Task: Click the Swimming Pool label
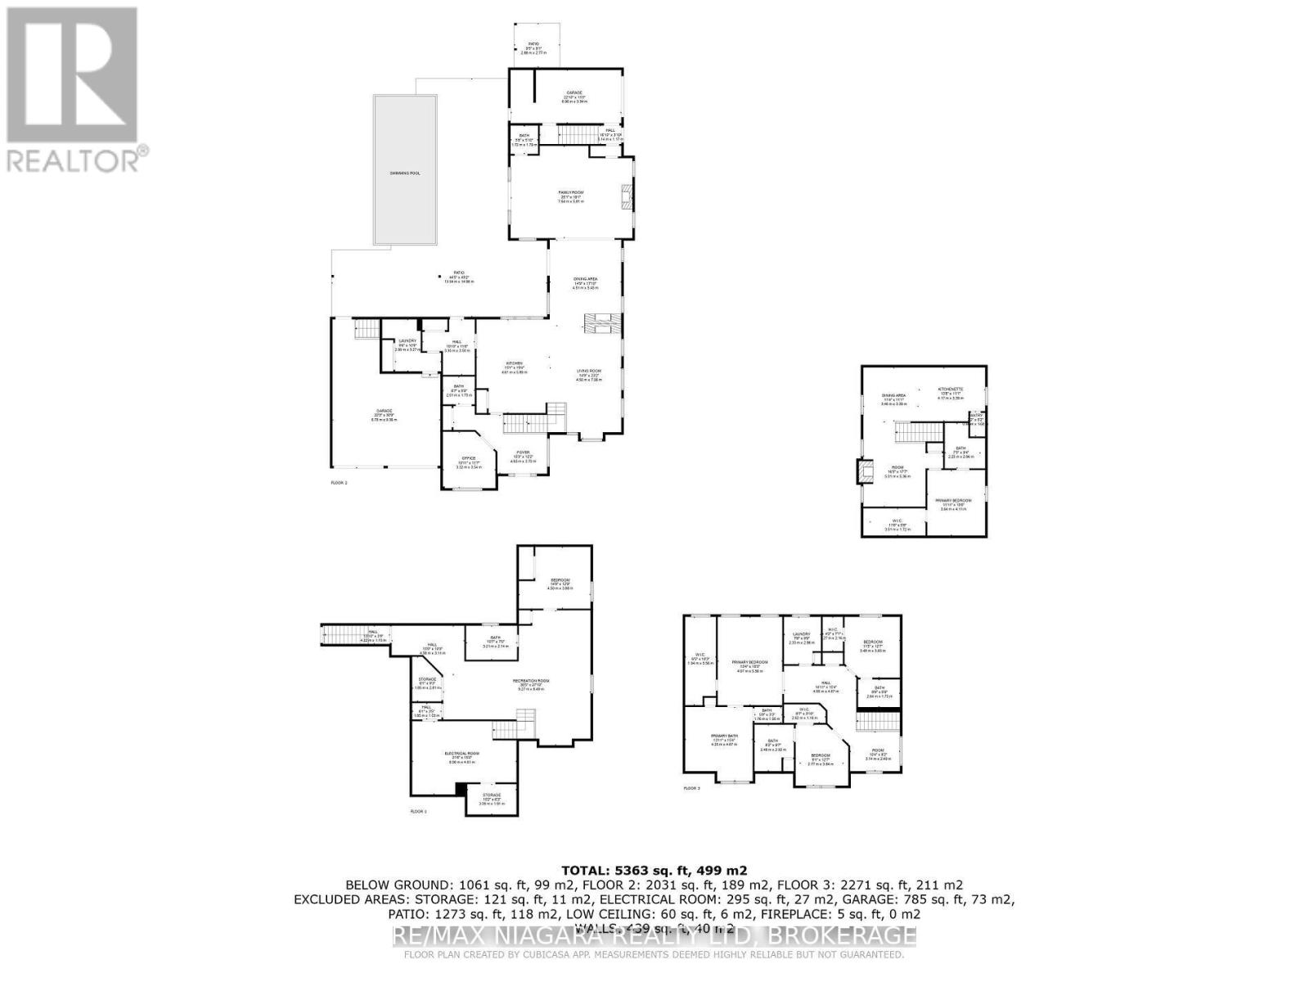click(404, 173)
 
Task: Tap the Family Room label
click(571, 192)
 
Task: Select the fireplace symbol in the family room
click(626, 197)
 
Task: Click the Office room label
click(469, 458)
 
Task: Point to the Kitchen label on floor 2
click(515, 363)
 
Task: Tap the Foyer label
click(522, 453)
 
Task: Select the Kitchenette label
click(950, 390)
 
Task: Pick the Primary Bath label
click(723, 736)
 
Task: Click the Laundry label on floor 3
click(801, 633)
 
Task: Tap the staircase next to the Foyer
click(524, 423)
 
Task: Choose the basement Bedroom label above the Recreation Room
click(560, 579)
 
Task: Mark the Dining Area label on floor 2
click(585, 279)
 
